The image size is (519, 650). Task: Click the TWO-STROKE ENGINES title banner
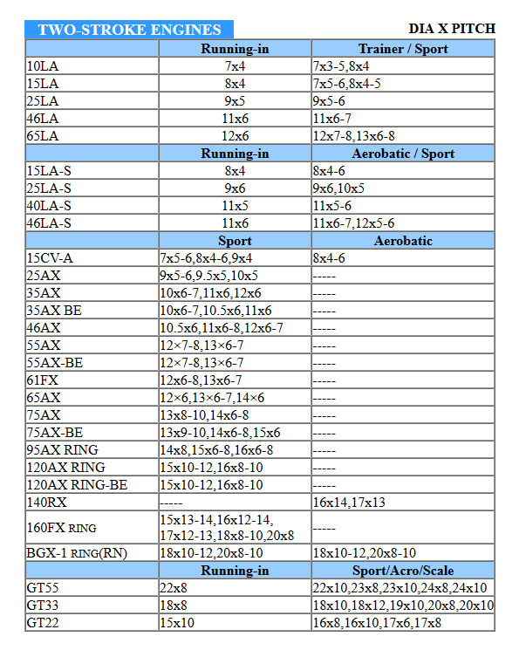129,29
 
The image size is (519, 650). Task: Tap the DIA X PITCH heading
451,29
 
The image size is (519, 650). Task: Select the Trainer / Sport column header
402,49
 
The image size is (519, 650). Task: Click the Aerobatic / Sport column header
402,154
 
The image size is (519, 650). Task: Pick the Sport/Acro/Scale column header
402,571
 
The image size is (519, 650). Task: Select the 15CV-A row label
50,258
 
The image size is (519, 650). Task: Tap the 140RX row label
46,503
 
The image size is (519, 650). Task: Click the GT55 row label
43,588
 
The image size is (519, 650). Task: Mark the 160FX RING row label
61,528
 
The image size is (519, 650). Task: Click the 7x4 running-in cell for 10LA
235,66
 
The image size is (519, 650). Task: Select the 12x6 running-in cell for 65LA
235,136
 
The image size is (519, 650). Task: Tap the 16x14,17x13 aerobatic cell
348,503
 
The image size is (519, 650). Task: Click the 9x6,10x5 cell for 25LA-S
338,188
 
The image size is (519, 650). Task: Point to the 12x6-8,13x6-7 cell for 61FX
201,380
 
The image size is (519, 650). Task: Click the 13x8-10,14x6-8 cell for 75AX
204,415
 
